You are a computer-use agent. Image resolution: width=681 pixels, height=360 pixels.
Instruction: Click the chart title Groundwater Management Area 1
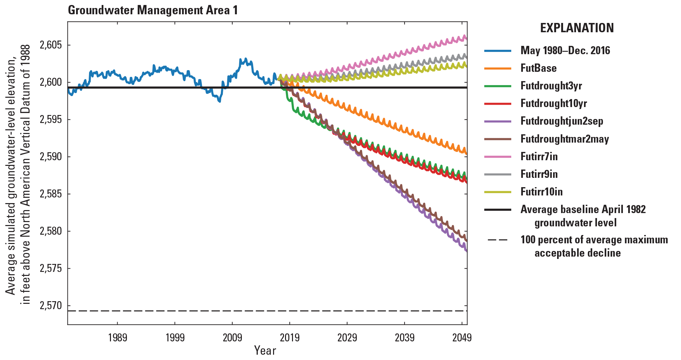[x=153, y=10]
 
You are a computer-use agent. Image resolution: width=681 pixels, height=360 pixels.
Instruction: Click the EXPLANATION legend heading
[x=577, y=28]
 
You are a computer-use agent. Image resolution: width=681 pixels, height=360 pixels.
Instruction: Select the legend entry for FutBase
[x=538, y=68]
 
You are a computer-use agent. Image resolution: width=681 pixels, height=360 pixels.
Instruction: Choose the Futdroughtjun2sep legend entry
[x=561, y=121]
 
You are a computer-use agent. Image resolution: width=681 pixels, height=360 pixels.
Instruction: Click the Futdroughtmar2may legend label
[x=564, y=139]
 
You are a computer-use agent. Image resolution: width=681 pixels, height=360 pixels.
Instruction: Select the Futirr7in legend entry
[x=539, y=156]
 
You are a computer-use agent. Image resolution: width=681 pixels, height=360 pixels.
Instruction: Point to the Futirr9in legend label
[x=539, y=174]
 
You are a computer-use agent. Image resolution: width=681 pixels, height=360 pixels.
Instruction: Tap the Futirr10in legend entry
[x=541, y=191]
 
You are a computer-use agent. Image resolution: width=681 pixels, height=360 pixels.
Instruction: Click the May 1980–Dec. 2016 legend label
[x=565, y=51]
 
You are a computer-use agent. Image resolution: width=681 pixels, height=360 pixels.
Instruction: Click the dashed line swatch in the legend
[x=497, y=240]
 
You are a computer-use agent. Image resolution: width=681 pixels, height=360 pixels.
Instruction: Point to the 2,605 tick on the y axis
[x=51, y=45]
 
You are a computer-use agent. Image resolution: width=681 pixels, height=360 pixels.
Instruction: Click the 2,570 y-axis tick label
[x=51, y=305]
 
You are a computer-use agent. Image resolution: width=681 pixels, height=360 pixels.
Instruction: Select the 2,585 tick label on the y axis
[x=51, y=194]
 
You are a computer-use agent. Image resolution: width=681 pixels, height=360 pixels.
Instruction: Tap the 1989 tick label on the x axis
[x=118, y=338]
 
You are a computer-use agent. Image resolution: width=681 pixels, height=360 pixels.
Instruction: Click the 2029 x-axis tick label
[x=347, y=338]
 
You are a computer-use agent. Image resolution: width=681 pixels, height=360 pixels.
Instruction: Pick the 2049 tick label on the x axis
[x=462, y=338]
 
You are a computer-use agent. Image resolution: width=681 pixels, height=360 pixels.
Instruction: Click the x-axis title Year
[x=265, y=350]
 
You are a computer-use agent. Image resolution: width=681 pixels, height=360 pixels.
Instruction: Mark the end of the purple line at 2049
[x=467, y=251]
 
